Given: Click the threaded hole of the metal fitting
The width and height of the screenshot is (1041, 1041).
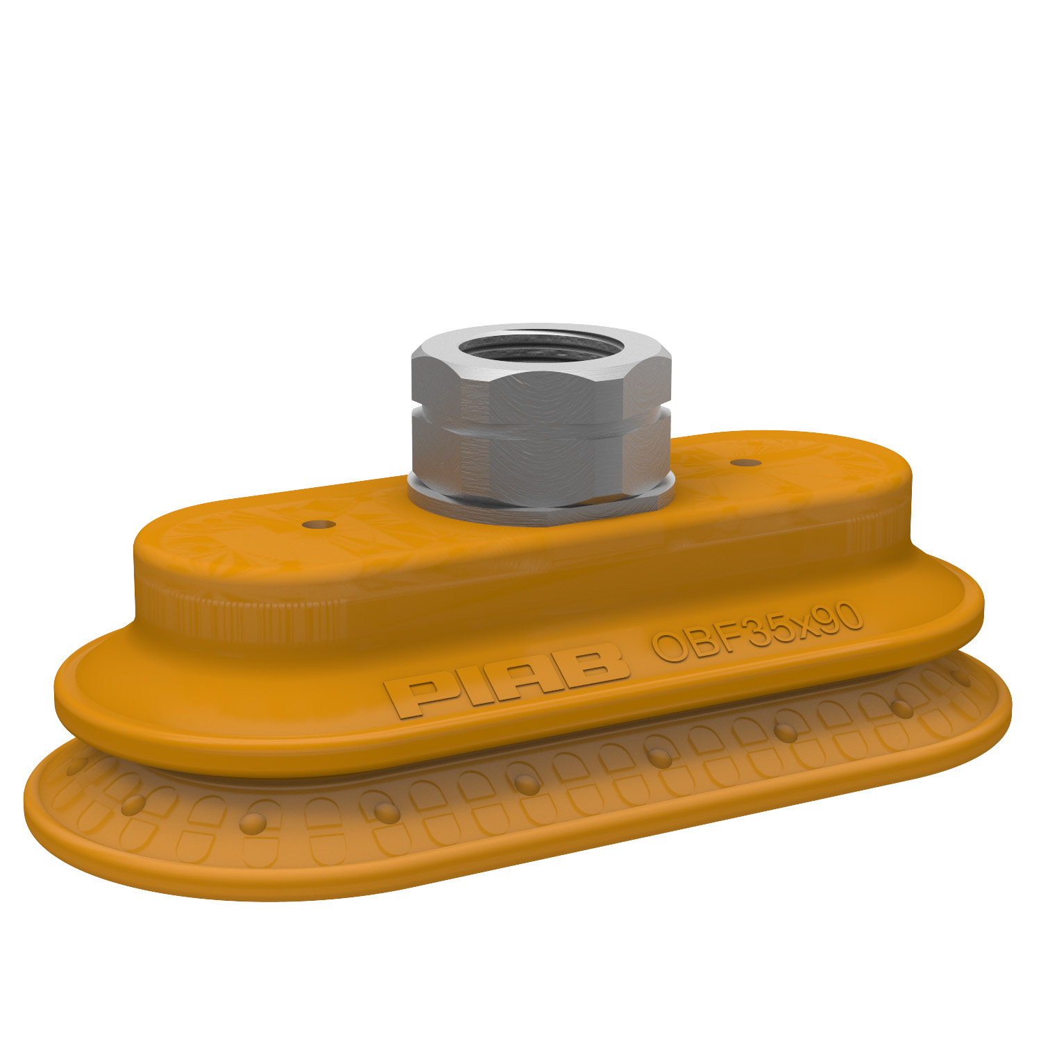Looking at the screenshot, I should click(541, 346).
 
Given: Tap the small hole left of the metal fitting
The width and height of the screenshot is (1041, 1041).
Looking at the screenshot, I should click(319, 523).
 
